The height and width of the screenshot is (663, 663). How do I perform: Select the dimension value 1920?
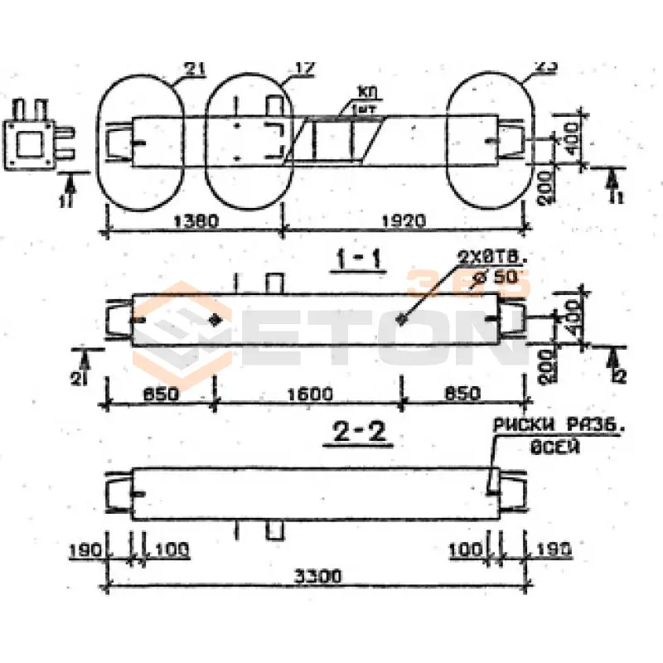tap(404, 220)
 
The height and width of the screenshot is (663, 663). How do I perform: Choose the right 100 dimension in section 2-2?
tap(465, 549)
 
